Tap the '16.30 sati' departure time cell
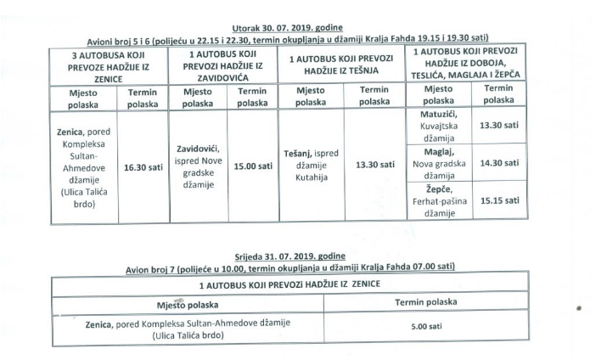pyautogui.click(x=143, y=167)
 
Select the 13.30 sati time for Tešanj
pyautogui.click(x=374, y=164)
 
